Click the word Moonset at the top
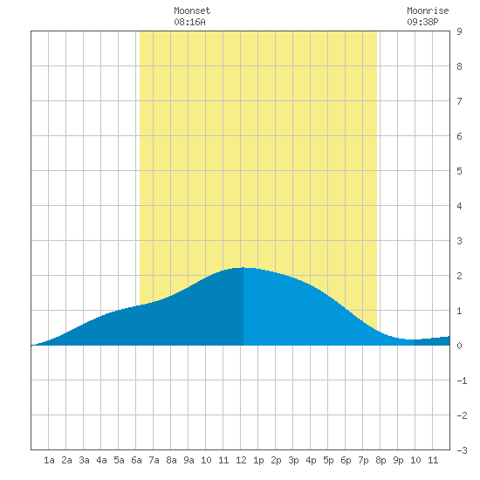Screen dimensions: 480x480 [x=192, y=10]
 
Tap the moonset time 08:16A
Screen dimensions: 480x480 [x=189, y=22]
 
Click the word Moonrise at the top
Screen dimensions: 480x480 [x=428, y=10]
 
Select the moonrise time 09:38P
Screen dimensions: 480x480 [x=422, y=22]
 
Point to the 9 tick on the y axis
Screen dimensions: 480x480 [x=459, y=31]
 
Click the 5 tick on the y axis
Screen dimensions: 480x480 [x=459, y=171]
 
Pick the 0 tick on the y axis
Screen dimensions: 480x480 [x=459, y=346]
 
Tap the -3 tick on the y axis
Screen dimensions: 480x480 [x=462, y=450]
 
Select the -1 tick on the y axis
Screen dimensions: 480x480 [x=462, y=381]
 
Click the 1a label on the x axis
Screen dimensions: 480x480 [x=49, y=460]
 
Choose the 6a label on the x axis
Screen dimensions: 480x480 [x=136, y=460]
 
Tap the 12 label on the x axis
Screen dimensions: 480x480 [x=241, y=460]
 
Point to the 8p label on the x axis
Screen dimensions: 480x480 [x=381, y=460]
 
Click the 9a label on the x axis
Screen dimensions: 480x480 [x=189, y=460]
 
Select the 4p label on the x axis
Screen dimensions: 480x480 [x=311, y=460]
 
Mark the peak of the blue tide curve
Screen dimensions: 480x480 [x=243, y=268]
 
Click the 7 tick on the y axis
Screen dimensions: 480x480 [x=459, y=101]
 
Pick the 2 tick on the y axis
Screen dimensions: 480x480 [x=459, y=276]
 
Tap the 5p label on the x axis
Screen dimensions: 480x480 [x=328, y=460]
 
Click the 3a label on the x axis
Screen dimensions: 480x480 [x=84, y=460]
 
